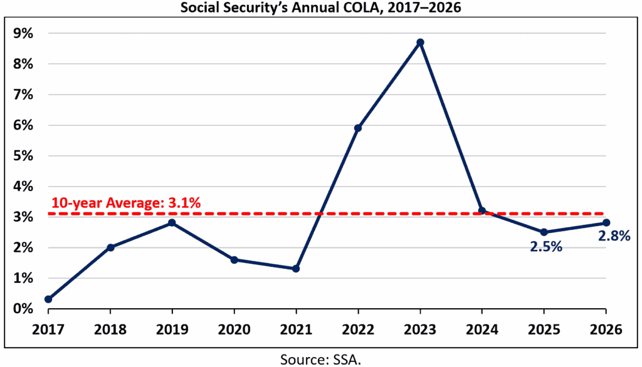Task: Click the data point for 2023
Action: [420, 43]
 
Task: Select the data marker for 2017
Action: [48, 299]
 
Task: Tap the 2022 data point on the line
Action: [358, 128]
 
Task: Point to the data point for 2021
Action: [296, 269]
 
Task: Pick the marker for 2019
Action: [172, 223]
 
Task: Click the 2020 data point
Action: [234, 259]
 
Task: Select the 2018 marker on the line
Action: [110, 247]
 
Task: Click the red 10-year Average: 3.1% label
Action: [125, 202]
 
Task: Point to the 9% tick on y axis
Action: [24, 34]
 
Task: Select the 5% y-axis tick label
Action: [24, 156]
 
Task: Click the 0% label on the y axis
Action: [24, 309]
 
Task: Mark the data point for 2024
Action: [481, 210]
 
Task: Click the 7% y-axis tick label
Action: [24, 95]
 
